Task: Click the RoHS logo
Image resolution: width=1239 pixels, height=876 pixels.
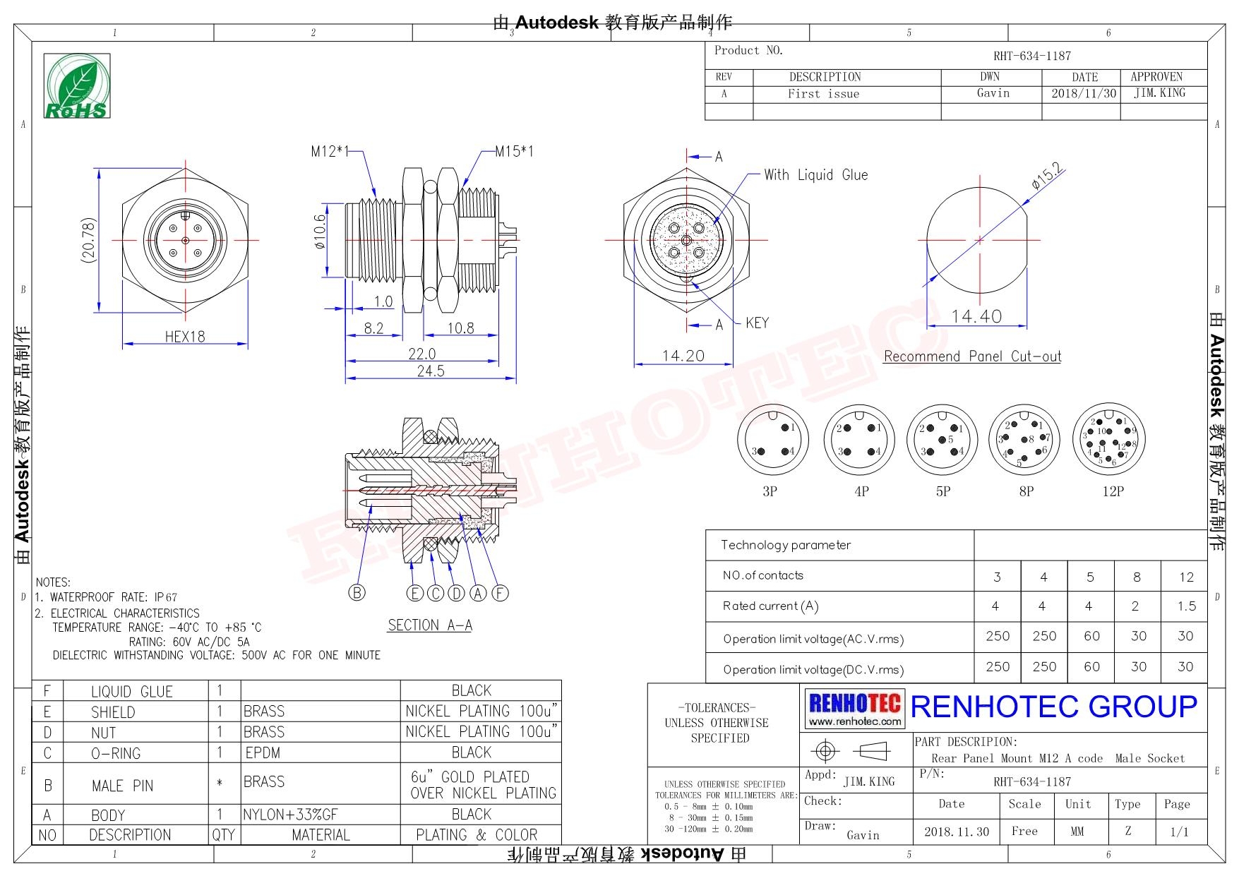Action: (77, 86)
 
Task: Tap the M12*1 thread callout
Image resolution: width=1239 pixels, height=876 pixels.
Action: (329, 151)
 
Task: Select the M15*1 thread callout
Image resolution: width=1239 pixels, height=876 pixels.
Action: (514, 151)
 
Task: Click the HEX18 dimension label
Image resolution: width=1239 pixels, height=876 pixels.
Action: (185, 337)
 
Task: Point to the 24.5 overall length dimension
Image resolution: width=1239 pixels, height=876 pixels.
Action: (431, 371)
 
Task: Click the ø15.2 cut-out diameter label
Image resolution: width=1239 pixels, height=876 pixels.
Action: (1047, 176)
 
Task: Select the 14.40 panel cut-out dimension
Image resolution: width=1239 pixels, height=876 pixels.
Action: (976, 317)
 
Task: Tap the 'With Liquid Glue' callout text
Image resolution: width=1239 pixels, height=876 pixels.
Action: (815, 175)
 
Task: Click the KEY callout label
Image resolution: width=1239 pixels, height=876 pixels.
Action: (757, 323)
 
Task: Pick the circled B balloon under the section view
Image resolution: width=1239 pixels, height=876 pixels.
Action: (357, 593)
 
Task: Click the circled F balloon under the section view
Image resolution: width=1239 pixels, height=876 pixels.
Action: (500, 593)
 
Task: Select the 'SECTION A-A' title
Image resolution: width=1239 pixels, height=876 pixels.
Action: (430, 625)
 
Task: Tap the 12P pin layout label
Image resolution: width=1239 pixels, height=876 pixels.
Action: (1113, 491)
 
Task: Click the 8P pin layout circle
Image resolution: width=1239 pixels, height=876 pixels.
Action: (1026, 440)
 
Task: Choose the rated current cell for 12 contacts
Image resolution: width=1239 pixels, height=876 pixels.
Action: (1186, 606)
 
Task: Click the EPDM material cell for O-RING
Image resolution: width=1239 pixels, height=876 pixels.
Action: (263, 753)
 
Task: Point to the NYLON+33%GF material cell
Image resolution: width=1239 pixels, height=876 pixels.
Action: (290, 815)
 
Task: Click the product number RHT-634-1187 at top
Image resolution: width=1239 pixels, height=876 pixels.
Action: (1031, 56)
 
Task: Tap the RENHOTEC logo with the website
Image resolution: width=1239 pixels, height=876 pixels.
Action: (855, 709)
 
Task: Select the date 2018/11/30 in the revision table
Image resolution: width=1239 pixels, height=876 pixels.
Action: (1084, 93)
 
